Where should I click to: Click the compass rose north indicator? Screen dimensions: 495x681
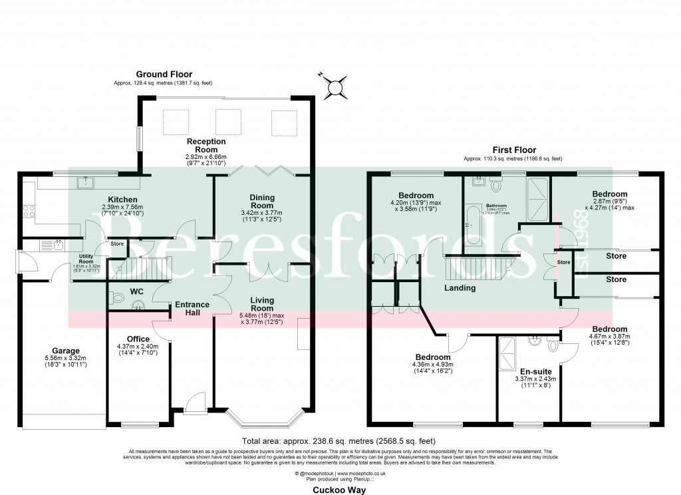pyautogui.click(x=337, y=86)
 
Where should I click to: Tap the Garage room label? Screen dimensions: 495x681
pyautogui.click(x=66, y=351)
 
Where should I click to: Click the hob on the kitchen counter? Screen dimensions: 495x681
pyautogui.click(x=29, y=212)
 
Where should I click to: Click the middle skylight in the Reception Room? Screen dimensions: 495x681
pyautogui.click(x=226, y=120)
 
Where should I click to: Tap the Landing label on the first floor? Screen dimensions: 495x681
pyautogui.click(x=460, y=288)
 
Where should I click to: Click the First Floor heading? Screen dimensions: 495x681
pyautogui.click(x=513, y=150)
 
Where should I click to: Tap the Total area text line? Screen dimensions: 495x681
pyautogui.click(x=340, y=440)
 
